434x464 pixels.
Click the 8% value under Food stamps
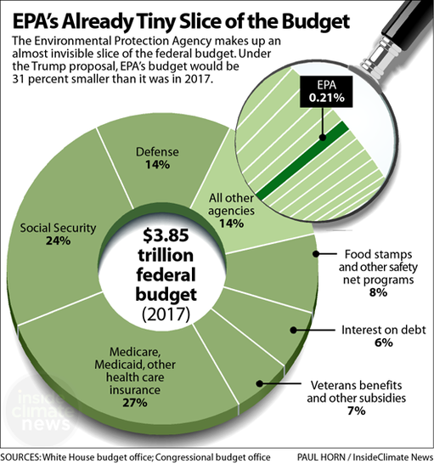(377, 291)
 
